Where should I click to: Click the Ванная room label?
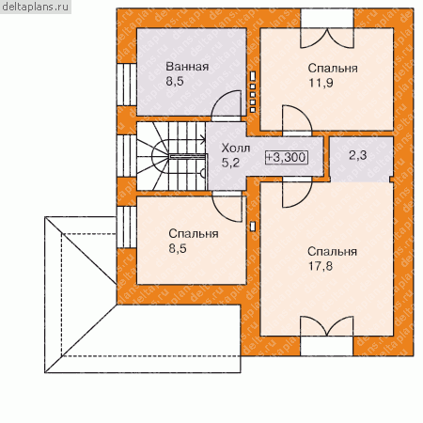click(x=187, y=67)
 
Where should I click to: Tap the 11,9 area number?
click(x=321, y=83)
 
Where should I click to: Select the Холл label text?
click(x=235, y=148)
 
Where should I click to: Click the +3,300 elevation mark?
click(x=287, y=157)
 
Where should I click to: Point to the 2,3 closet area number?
click(x=357, y=155)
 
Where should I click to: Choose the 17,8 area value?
click(x=321, y=266)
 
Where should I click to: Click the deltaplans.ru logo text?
click(x=35, y=7)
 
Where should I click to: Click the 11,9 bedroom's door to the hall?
click(x=297, y=120)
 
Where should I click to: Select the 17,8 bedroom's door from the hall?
click(x=297, y=193)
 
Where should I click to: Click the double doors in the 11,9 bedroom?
click(x=327, y=39)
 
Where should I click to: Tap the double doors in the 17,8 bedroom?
click(x=327, y=326)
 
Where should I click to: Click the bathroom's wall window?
click(x=127, y=85)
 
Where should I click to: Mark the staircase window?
click(x=127, y=156)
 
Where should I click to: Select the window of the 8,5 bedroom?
click(x=127, y=227)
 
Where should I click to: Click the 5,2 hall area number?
click(x=230, y=163)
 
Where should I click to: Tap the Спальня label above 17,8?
click(x=332, y=252)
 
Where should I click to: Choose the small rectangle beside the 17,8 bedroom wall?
click(x=253, y=227)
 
